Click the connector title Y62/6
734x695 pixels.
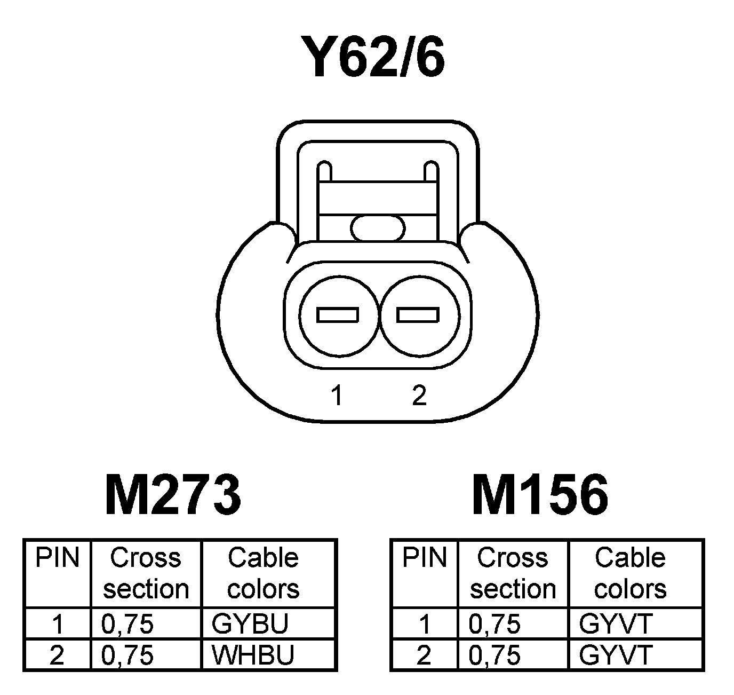click(372, 57)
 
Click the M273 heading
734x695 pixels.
click(173, 495)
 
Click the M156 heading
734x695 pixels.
click(540, 495)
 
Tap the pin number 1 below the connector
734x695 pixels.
click(336, 396)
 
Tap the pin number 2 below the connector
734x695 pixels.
click(419, 396)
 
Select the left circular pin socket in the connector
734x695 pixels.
click(338, 315)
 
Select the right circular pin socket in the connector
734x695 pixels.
click(418, 315)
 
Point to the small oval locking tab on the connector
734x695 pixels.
click(378, 229)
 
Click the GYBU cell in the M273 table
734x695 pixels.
click(250, 623)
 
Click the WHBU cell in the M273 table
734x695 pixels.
click(253, 655)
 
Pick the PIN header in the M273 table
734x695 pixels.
click(57, 558)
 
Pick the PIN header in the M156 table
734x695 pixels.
click(424, 558)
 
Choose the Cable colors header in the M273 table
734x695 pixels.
click(263, 573)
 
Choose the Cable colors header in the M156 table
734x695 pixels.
click(630, 573)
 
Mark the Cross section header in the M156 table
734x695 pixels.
click(513, 573)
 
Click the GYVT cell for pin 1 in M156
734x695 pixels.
click(616, 623)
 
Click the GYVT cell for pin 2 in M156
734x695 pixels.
click(616, 655)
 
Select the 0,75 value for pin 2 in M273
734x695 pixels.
click(127, 655)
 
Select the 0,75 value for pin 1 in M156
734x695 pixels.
click(494, 623)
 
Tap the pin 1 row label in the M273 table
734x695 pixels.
click(57, 623)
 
